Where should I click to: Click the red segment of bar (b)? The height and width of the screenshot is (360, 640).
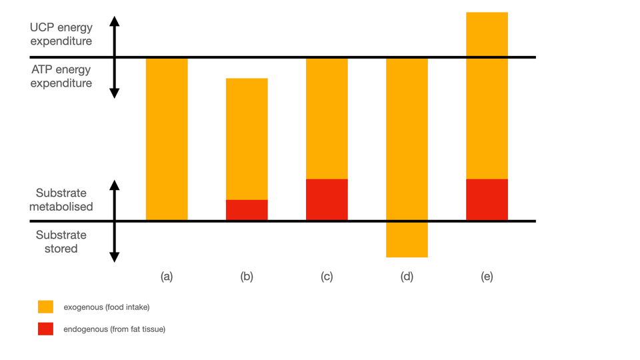pyautogui.click(x=247, y=210)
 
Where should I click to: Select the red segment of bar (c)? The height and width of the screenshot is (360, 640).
pyautogui.click(x=327, y=199)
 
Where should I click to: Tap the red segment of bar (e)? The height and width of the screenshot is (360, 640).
pyautogui.click(x=487, y=199)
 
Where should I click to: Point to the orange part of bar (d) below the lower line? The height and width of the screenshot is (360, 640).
pyautogui.click(x=407, y=239)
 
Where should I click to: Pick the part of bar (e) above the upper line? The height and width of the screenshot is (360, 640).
pyautogui.click(x=487, y=34)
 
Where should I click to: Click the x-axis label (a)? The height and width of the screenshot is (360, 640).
pyautogui.click(x=167, y=277)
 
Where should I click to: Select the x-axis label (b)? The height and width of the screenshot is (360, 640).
pyautogui.click(x=247, y=277)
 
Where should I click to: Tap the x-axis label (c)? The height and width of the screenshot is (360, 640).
pyautogui.click(x=327, y=277)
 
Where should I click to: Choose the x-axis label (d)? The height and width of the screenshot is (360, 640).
pyautogui.click(x=407, y=277)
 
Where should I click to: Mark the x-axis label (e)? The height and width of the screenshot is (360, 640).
pyautogui.click(x=487, y=277)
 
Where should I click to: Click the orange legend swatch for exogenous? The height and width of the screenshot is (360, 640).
pyautogui.click(x=45, y=307)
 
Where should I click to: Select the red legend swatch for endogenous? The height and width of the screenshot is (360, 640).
pyautogui.click(x=45, y=329)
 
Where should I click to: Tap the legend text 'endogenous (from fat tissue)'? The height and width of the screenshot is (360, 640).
pyautogui.click(x=114, y=329)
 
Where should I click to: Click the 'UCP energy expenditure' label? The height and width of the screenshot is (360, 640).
pyautogui.click(x=61, y=35)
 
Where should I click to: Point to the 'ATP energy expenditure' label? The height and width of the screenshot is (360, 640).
pyautogui.click(x=61, y=77)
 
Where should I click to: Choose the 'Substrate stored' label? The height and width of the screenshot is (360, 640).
pyautogui.click(x=61, y=242)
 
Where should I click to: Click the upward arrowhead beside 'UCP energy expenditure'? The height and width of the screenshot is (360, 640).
pyautogui.click(x=114, y=21)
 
